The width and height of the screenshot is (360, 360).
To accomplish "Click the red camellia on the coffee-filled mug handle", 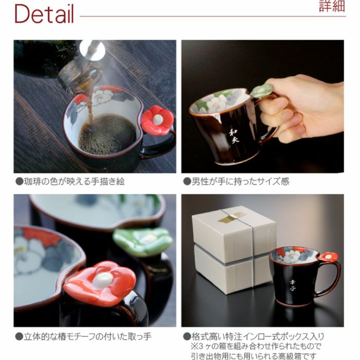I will [x=157, y=120].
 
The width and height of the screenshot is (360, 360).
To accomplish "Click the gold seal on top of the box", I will [x=231, y=218].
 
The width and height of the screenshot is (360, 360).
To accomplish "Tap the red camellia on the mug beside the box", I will [x=328, y=257].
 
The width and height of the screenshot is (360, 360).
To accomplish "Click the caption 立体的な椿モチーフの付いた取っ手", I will [x=83, y=337].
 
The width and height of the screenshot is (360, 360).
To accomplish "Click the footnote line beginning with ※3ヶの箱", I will [x=257, y=346].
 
